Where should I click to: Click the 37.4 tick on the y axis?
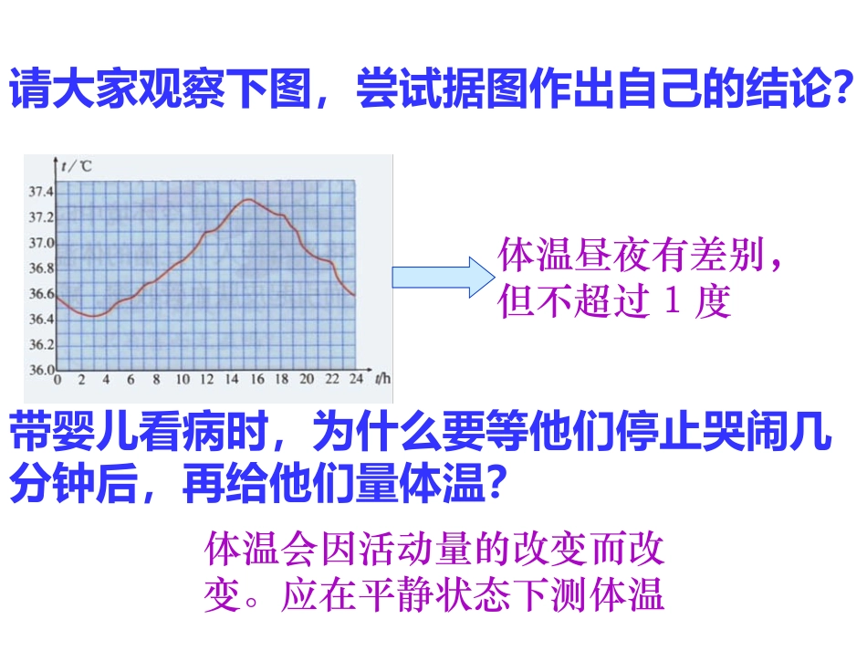pos(42,193)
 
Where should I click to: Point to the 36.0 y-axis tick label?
pos(42,370)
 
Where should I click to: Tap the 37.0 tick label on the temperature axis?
pos(42,244)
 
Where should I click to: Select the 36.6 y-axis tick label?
pos(42,294)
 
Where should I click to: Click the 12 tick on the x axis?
pos(207,379)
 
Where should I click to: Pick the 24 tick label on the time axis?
pos(356,379)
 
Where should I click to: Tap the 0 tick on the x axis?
pos(57,379)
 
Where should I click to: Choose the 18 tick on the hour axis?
pos(281,379)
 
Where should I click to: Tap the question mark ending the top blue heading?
pos(845,90)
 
